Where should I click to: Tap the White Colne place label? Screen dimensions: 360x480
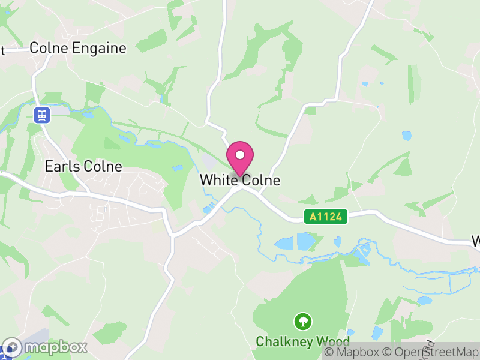pos(240,180)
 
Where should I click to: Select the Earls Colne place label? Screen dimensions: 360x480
pos(83,167)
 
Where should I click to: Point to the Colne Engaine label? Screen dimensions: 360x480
pos(78,48)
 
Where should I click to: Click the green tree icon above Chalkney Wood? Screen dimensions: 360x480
pos(302,322)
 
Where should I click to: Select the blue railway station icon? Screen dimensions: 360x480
pos(42,115)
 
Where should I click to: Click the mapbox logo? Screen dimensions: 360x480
pos(45,347)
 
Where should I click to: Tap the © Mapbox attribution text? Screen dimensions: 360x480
pos(354,353)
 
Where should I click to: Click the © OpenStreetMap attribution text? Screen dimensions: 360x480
pos(431,353)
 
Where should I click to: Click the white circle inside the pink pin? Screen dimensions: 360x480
pos(240,155)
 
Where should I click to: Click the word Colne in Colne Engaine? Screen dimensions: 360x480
pos(49,48)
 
